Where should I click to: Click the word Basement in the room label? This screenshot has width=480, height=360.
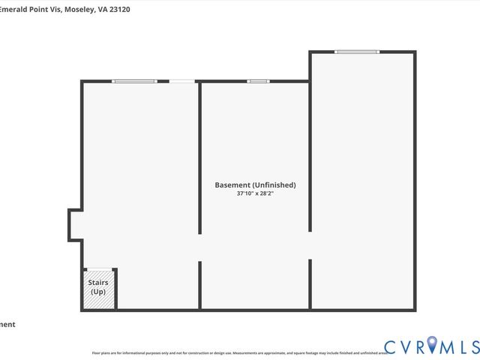pos(232,184)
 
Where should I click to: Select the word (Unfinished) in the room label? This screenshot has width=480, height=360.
pos(274,184)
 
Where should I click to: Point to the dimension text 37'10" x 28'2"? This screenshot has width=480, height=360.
pos(255,193)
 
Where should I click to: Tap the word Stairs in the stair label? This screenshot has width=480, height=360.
pos(98,283)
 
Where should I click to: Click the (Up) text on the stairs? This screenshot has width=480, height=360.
pos(98,291)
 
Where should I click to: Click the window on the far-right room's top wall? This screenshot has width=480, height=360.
pos(357,52)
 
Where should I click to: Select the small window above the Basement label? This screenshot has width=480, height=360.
pos(258,81)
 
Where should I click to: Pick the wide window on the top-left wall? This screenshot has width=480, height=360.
pos(134,81)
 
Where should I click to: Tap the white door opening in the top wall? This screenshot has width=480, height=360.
pos(181,81)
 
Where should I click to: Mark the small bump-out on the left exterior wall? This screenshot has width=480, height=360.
pos(74,224)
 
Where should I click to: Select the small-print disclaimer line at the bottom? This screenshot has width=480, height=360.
pos(240,352)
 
